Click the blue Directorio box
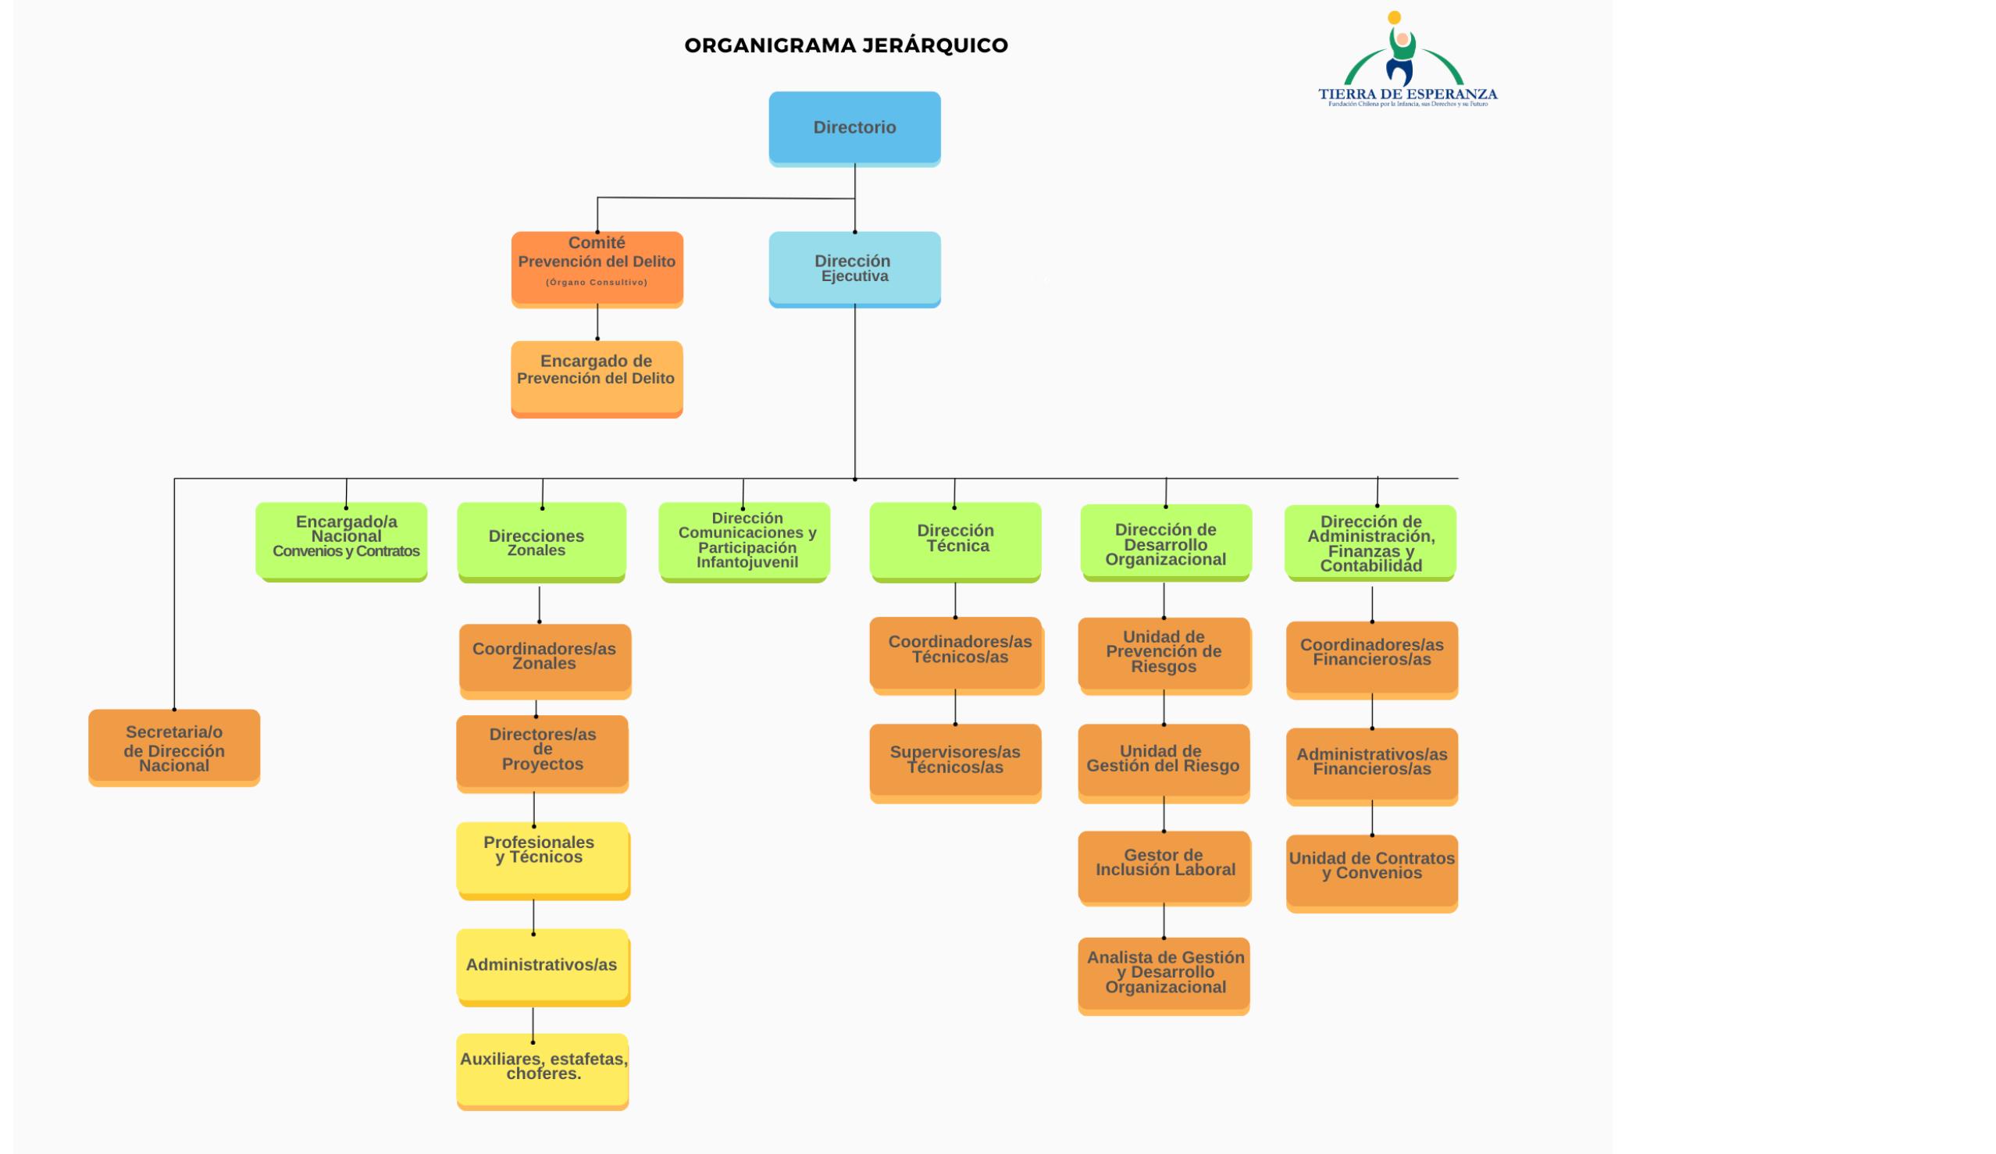854,127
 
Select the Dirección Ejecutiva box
854,268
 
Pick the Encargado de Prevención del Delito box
597,378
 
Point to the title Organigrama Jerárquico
846,46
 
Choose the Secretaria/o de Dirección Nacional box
174,747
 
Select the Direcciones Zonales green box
542,541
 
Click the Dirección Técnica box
955,540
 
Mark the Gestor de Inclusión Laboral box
1164,864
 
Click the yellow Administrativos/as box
543,966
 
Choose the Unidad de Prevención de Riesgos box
1164,653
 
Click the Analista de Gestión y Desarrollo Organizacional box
1164,974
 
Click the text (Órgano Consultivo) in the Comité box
597,283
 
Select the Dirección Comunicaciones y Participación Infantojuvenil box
744,540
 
